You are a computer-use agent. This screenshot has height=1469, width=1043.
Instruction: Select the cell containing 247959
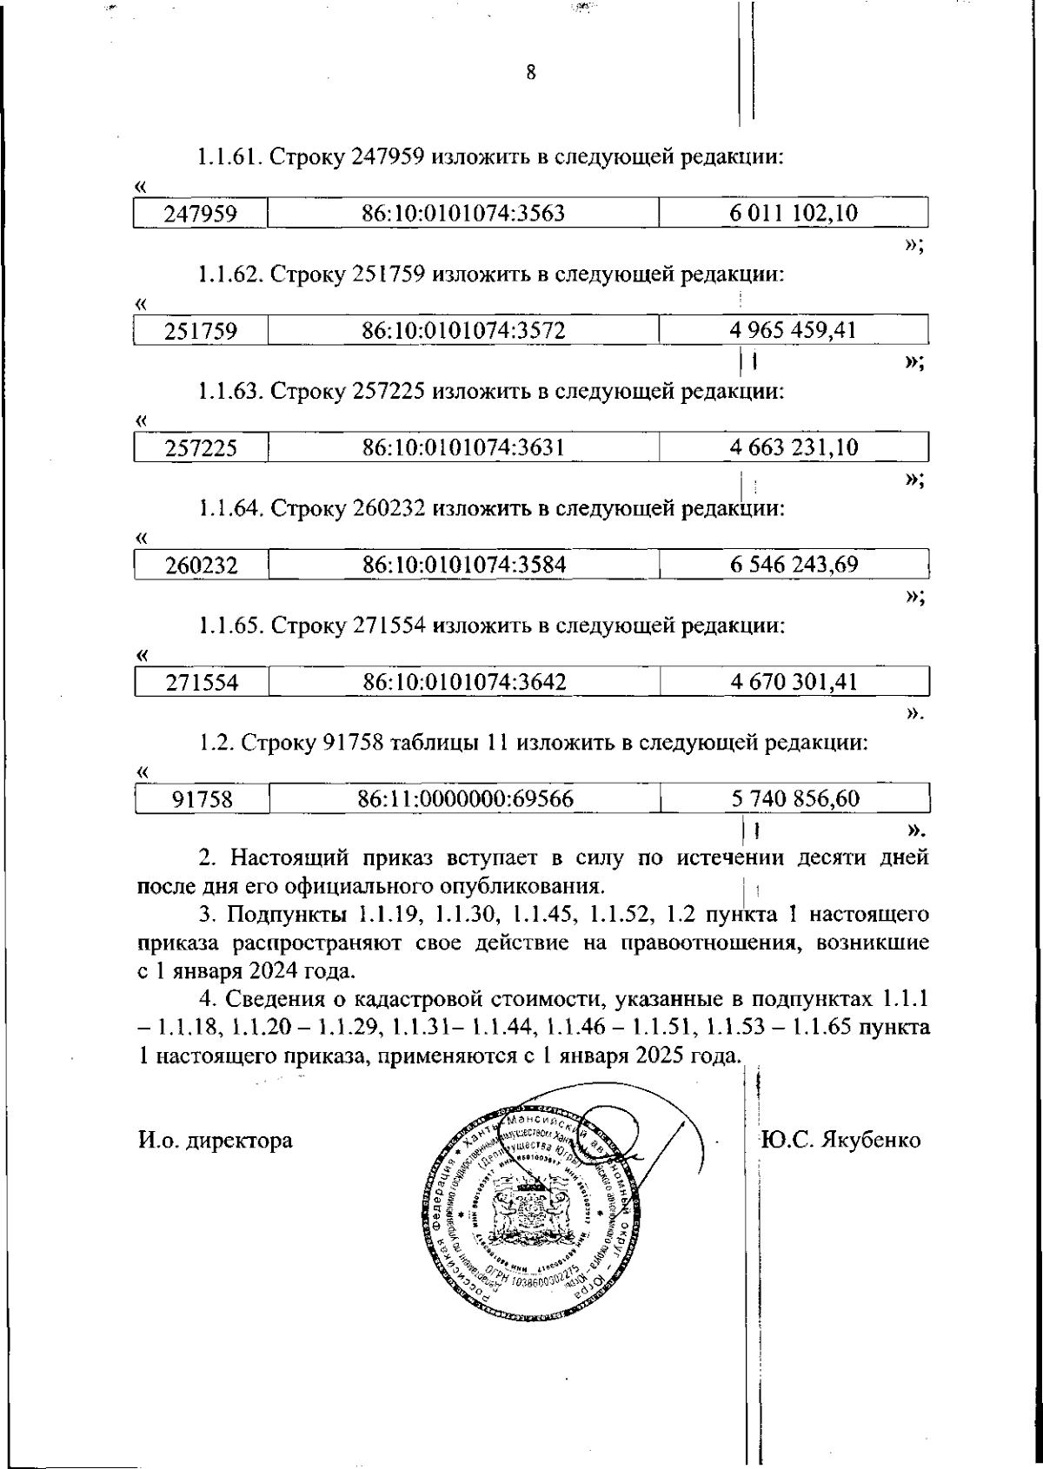(x=201, y=214)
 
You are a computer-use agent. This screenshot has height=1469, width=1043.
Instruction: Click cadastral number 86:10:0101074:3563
(x=463, y=214)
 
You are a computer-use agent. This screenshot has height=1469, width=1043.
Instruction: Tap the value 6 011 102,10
(x=794, y=214)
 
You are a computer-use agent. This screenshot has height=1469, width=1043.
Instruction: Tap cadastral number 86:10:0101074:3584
(x=463, y=566)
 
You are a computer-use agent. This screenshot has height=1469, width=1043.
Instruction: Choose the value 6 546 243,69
(x=794, y=566)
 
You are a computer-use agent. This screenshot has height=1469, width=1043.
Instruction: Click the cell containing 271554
(x=201, y=683)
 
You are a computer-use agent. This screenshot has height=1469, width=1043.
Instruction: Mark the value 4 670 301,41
(x=794, y=683)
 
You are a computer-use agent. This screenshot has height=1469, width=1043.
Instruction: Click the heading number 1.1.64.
(x=230, y=508)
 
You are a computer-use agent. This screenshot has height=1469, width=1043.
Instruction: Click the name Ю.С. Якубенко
(x=840, y=1141)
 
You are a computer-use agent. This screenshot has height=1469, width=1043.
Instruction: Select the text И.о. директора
(x=215, y=1141)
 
